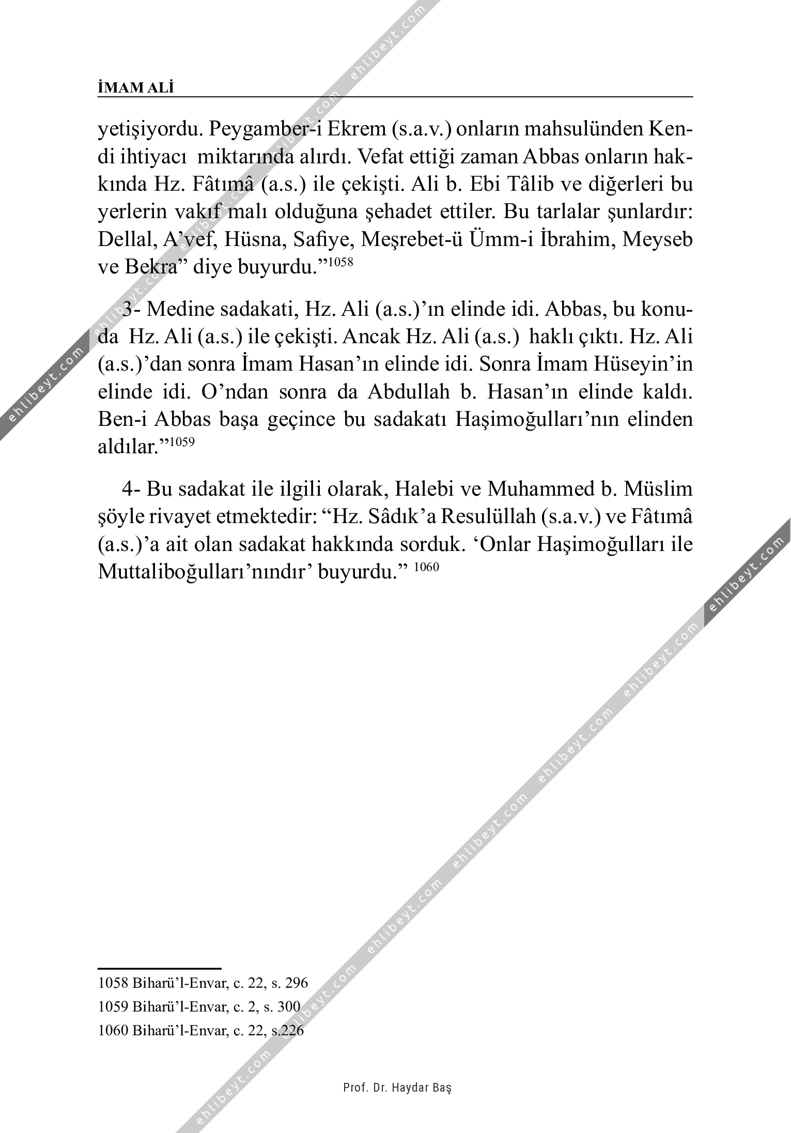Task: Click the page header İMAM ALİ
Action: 136,88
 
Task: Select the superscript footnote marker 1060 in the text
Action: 426,566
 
